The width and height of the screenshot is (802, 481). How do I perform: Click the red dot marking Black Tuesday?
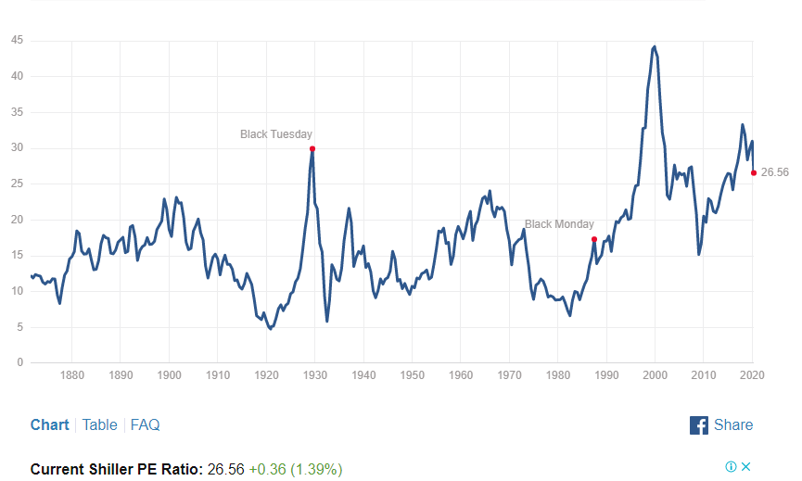[x=312, y=148]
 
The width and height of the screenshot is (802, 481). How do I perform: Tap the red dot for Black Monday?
[x=594, y=239]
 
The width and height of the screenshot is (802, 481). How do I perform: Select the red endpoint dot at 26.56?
[x=753, y=172]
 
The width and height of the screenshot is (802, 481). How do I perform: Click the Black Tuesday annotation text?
[x=276, y=134]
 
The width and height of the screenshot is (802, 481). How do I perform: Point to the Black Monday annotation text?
[x=559, y=224]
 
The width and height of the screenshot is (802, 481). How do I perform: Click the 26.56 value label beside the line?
[x=774, y=172]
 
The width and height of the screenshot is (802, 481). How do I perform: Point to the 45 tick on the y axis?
[x=16, y=41]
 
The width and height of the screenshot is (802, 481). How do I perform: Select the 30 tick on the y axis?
[x=16, y=148]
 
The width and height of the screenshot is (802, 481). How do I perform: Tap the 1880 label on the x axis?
[x=71, y=376]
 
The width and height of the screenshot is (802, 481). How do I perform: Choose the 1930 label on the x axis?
[x=315, y=376]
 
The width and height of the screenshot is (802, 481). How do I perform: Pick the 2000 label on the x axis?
[x=656, y=376]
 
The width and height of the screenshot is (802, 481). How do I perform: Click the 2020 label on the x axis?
[x=752, y=376]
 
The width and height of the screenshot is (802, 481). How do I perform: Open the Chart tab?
[x=49, y=424]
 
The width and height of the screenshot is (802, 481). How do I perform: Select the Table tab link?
[x=99, y=424]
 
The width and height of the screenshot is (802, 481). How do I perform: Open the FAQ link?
[x=145, y=424]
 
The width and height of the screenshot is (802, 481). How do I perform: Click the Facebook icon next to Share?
[x=699, y=424]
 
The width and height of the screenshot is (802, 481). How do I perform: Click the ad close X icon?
[x=745, y=466]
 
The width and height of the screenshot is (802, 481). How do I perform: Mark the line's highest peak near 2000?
[x=655, y=45]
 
